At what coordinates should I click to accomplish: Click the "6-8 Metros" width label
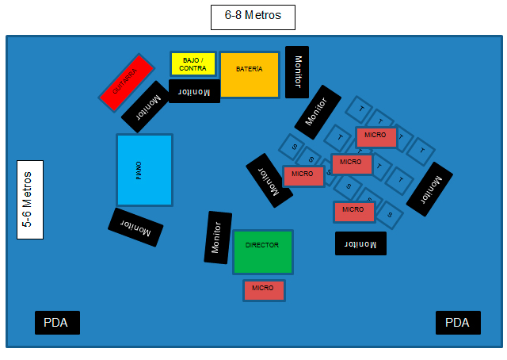253,17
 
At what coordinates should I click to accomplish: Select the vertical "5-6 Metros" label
30,199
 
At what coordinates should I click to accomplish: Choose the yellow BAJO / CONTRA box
193,63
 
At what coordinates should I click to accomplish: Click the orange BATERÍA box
249,75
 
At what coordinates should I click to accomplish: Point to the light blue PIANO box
144,170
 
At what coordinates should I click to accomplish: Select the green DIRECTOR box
262,251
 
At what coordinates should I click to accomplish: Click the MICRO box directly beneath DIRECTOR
263,290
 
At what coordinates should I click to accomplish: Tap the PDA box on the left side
57,323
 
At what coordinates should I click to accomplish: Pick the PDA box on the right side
458,323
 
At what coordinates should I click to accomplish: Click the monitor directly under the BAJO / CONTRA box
194,91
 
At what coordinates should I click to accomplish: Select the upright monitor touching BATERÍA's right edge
297,72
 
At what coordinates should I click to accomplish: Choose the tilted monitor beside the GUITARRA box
150,106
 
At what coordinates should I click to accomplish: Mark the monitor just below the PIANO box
135,228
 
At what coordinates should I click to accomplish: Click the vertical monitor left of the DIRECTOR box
218,238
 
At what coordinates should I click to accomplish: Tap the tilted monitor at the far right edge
429,189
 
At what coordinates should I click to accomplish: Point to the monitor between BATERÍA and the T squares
318,112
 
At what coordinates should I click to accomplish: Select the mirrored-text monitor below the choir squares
360,243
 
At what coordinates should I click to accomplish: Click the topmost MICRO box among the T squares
375,136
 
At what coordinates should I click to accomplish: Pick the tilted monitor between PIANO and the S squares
269,181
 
